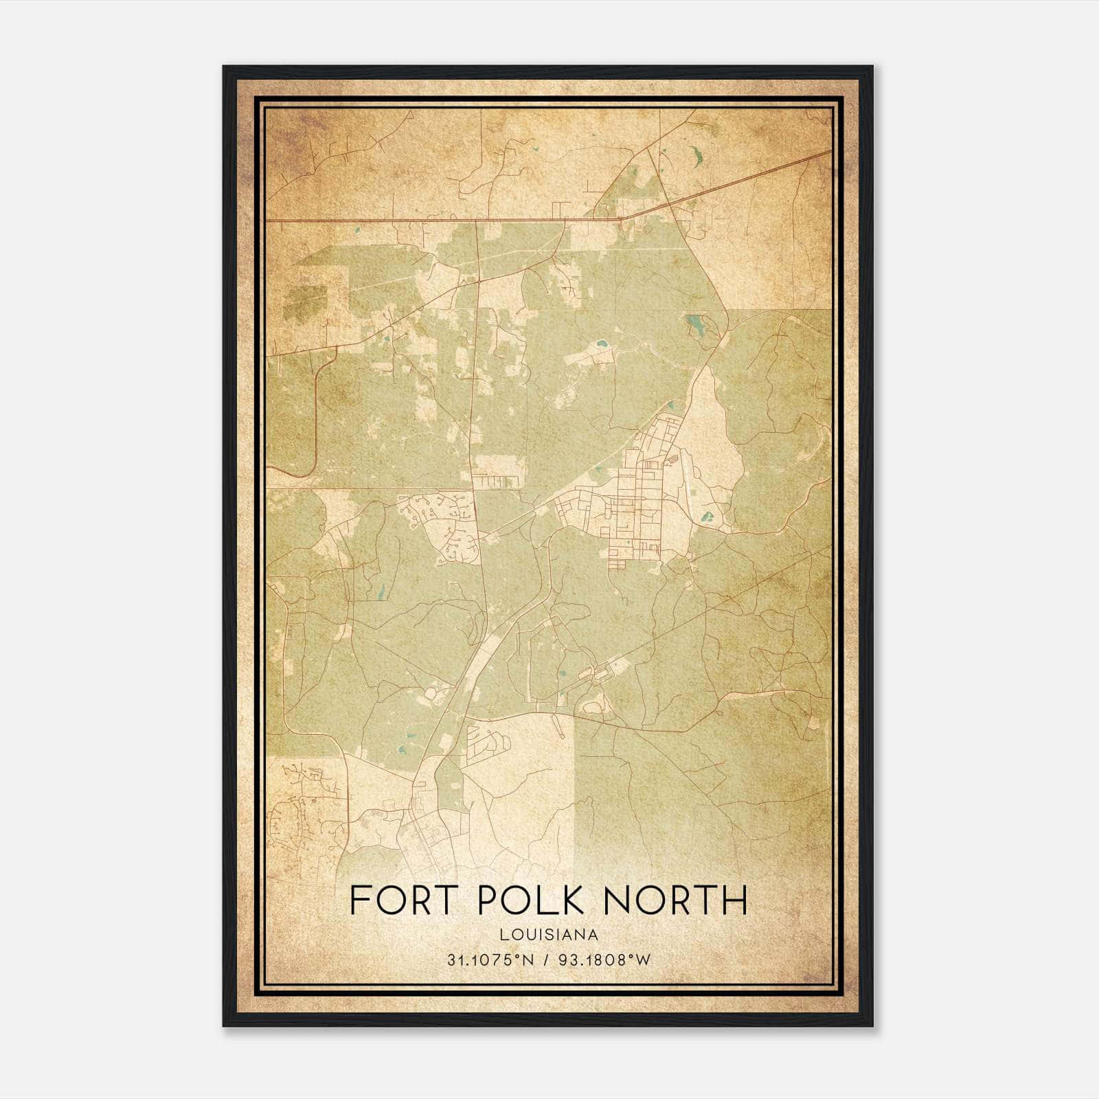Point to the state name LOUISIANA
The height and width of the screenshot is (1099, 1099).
(549, 935)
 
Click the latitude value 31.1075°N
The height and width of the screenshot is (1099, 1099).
(490, 960)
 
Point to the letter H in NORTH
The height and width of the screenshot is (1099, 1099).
(733, 900)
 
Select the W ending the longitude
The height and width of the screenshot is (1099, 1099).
(643, 960)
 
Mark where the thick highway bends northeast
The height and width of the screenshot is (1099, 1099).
(622, 219)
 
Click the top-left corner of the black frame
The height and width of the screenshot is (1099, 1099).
(224, 67)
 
